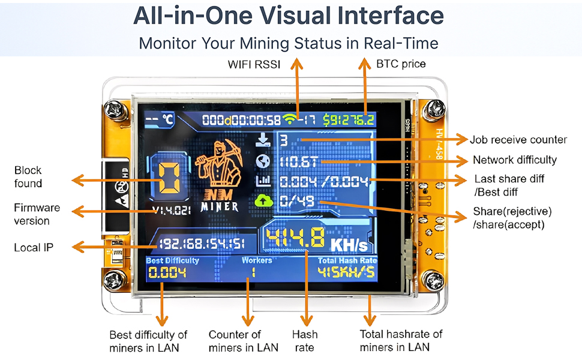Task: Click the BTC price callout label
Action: [x=400, y=64]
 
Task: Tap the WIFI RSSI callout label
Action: [x=254, y=64]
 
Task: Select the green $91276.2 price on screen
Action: [x=349, y=119]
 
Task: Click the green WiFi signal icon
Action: [x=292, y=119]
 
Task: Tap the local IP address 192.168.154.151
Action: [x=201, y=244]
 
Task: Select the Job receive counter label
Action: [x=518, y=140]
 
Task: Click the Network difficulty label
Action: [x=515, y=160]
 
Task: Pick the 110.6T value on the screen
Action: [x=299, y=161]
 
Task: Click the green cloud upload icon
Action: [x=263, y=202]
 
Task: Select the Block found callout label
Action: [x=28, y=177]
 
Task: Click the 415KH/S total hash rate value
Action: [x=346, y=273]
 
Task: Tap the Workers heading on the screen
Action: [x=256, y=260]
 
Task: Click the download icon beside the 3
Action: [x=263, y=140]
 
